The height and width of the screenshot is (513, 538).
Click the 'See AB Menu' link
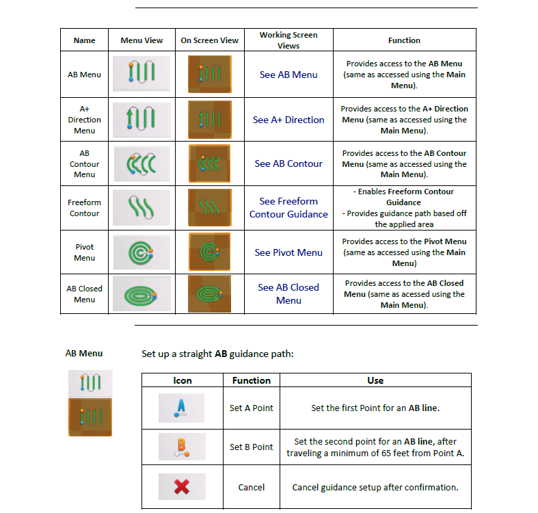pos(288,75)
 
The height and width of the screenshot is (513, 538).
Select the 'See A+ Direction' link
pos(288,120)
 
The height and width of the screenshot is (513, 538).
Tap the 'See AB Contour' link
pos(288,163)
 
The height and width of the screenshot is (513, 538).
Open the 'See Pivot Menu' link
pos(288,252)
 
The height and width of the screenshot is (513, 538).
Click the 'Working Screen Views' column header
pos(288,40)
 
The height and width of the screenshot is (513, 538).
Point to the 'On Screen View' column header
pos(209,40)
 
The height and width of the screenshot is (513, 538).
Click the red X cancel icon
pos(182,486)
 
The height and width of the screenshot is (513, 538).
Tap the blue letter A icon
pos(181,408)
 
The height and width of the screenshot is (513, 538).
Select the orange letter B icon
pos(182,447)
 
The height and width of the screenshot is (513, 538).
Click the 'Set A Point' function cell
pos(251,408)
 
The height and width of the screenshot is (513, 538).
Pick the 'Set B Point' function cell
pos(251,447)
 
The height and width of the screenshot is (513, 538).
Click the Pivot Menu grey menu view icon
pos(142,252)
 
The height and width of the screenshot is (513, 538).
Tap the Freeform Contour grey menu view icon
pos(142,208)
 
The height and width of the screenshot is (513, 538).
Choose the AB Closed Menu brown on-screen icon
pos(209,294)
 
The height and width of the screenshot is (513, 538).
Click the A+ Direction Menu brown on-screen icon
pos(210,120)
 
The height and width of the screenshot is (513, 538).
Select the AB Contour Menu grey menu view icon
pos(142,163)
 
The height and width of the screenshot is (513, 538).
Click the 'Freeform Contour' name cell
pos(84,208)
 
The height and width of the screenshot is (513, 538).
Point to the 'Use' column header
pos(375,380)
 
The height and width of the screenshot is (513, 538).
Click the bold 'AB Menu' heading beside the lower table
pos(84,354)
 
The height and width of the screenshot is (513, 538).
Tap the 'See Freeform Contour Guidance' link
pos(288,208)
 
